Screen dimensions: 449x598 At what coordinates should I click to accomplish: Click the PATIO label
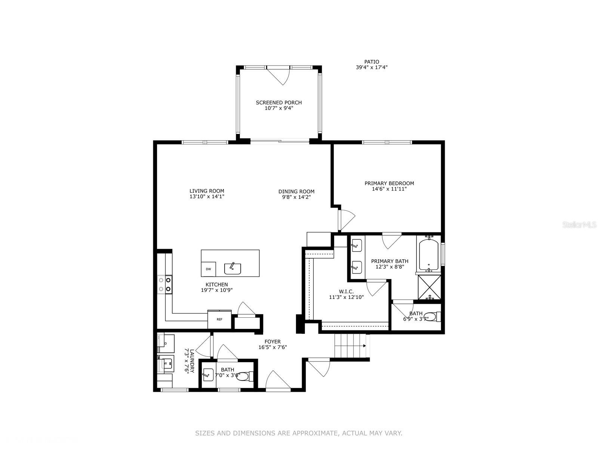(372, 62)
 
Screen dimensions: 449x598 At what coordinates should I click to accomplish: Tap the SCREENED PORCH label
(279, 103)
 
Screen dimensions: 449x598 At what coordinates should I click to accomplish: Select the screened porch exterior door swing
(280, 76)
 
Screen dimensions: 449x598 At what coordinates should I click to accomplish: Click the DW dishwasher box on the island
(208, 269)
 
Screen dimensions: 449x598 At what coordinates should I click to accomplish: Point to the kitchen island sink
(232, 268)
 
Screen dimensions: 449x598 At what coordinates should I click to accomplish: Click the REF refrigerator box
(219, 319)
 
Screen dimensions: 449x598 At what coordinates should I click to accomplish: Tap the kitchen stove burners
(165, 284)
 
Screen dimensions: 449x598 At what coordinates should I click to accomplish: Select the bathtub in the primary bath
(429, 254)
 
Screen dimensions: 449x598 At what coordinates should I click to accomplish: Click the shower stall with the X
(429, 287)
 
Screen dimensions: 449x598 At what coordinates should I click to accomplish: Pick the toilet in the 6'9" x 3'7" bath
(433, 317)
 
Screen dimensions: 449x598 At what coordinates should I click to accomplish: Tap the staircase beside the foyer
(349, 346)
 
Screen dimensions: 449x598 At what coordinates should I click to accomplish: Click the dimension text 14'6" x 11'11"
(389, 189)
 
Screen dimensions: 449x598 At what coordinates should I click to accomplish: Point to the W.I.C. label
(346, 291)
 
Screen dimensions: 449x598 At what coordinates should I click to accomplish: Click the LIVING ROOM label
(207, 191)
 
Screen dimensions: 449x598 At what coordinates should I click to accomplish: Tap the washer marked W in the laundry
(166, 363)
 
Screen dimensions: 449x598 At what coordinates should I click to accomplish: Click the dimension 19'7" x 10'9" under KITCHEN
(217, 290)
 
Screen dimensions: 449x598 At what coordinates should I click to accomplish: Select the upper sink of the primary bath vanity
(356, 246)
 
